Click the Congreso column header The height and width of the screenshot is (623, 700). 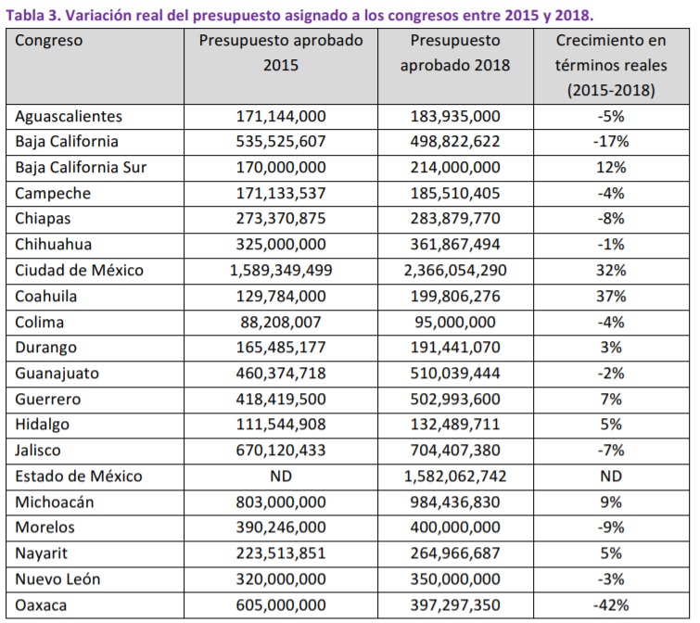48,41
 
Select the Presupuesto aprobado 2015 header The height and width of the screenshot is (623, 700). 281,53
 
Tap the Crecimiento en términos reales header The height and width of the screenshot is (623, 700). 611,65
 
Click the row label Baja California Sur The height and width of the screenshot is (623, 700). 81,168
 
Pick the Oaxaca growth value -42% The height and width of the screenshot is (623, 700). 611,605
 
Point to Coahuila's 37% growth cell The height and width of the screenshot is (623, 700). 611,297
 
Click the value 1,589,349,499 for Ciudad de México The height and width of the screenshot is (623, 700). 281,271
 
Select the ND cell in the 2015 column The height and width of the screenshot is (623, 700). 281,477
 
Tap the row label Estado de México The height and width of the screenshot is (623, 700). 79,477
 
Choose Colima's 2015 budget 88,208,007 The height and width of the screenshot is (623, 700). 281,323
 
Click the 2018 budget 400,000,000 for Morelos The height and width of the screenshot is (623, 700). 455,528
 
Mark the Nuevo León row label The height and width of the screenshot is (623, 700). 57,579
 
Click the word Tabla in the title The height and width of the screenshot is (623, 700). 24,15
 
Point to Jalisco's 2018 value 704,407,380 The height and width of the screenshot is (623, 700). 455,451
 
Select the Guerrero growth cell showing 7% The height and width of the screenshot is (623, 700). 611,399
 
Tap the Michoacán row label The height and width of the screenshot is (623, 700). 55,502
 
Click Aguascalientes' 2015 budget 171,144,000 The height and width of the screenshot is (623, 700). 281,117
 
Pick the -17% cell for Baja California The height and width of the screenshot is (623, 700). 611,142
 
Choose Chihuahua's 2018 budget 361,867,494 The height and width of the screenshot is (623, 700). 455,245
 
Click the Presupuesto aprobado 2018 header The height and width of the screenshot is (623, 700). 455,53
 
